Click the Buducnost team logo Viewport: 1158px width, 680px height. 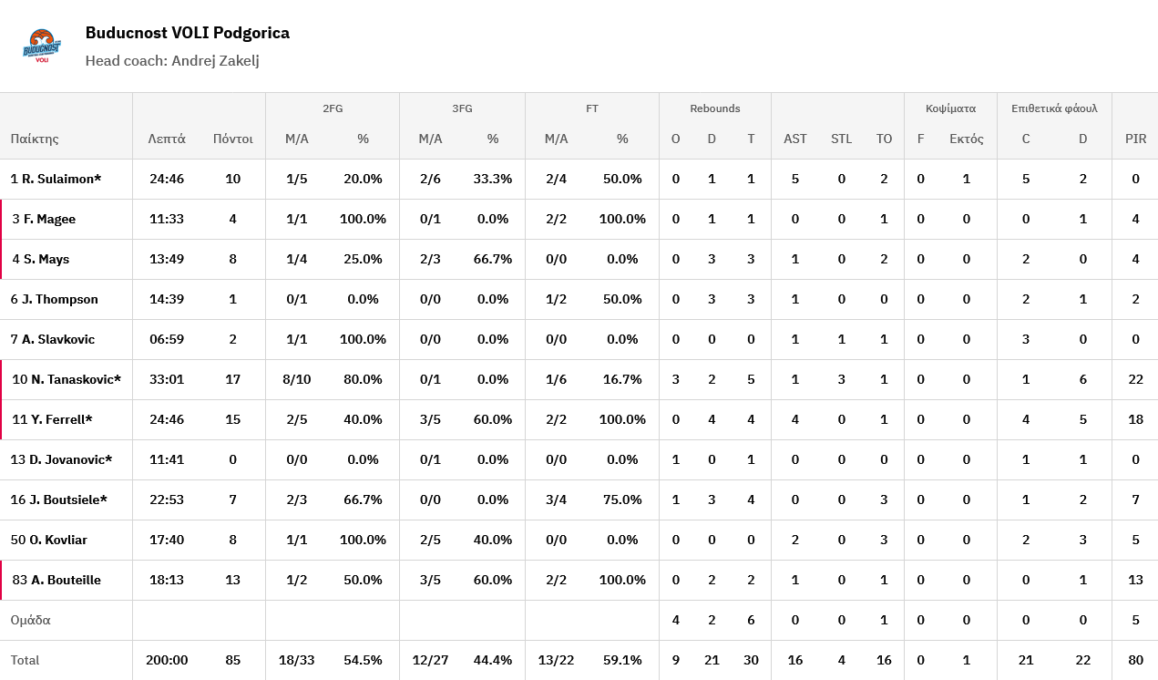click(x=42, y=46)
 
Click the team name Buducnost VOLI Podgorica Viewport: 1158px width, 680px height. click(x=187, y=33)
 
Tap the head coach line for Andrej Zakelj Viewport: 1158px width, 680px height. click(x=172, y=60)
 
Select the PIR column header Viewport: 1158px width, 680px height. click(x=1135, y=139)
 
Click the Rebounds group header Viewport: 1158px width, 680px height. click(x=714, y=108)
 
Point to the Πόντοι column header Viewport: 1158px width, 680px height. click(x=232, y=139)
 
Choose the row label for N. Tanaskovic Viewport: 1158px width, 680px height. click(x=67, y=379)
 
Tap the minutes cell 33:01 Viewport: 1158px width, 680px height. click(x=167, y=379)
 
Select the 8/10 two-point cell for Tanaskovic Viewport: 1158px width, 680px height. click(x=298, y=379)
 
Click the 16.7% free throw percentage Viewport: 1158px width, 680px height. click(x=622, y=379)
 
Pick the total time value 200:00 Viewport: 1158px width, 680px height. click(x=167, y=660)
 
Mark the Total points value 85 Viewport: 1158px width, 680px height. click(x=232, y=660)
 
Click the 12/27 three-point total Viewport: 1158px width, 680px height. click(x=430, y=660)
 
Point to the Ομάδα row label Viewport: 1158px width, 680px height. click(x=30, y=620)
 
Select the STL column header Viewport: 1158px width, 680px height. click(x=841, y=139)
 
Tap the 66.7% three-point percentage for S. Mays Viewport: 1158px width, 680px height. click(x=493, y=259)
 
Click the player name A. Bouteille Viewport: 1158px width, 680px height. click(x=56, y=580)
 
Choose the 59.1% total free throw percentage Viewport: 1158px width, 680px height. click(x=622, y=660)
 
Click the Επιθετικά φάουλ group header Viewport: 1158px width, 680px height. click(x=1054, y=108)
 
